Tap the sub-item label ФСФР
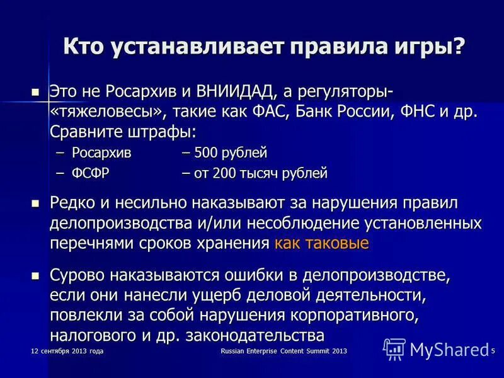[x=88, y=173]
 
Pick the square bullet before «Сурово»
[x=35, y=275]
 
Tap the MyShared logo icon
[x=394, y=348]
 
